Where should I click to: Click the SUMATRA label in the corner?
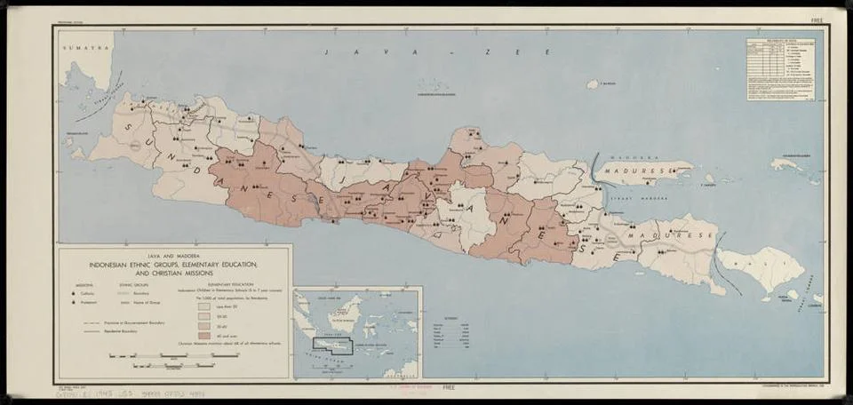[76, 43]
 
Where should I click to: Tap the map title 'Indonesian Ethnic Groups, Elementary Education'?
[173, 266]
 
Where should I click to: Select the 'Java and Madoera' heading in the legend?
[173, 257]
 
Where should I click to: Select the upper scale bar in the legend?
[173, 355]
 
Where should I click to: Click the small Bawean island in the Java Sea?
[593, 84]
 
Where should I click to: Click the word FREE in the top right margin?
[817, 20]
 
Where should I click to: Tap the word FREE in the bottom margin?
[450, 388]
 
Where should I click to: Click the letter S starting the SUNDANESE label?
[133, 127]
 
